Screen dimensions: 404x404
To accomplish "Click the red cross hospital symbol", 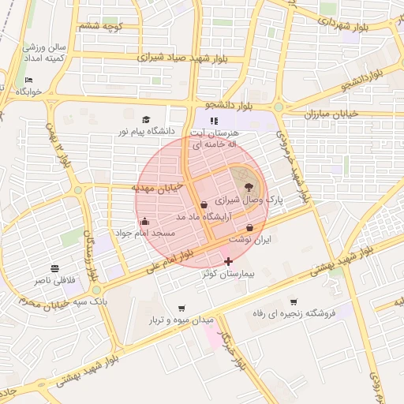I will (229, 260).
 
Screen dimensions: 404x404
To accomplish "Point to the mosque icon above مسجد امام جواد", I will (144, 222).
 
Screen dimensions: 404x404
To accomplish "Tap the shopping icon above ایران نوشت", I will (249, 227).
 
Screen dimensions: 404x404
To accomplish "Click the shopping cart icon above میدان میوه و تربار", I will (182, 309).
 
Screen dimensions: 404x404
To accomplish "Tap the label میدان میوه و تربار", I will (182, 321).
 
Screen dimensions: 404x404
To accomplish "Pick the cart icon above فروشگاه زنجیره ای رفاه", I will (294, 301).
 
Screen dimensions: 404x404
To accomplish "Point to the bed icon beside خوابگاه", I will (29, 80).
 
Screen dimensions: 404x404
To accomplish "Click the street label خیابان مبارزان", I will (331, 114).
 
